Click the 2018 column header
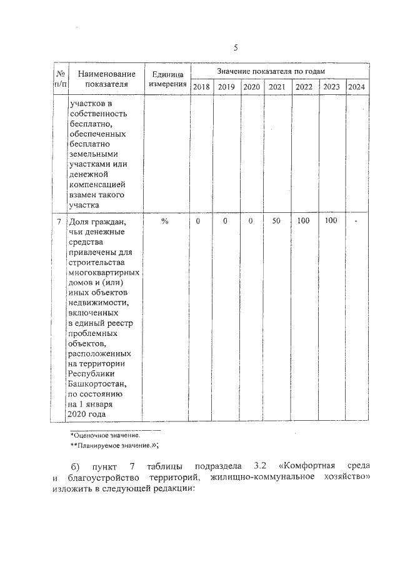[x=201, y=87]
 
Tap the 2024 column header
[x=356, y=87]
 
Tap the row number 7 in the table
[x=59, y=222]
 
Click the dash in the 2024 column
[x=356, y=222]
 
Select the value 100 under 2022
[x=304, y=221]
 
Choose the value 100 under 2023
[x=331, y=221]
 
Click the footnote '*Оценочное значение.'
[x=105, y=434]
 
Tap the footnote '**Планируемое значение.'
[x=112, y=445]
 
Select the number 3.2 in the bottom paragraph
[x=261, y=466]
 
